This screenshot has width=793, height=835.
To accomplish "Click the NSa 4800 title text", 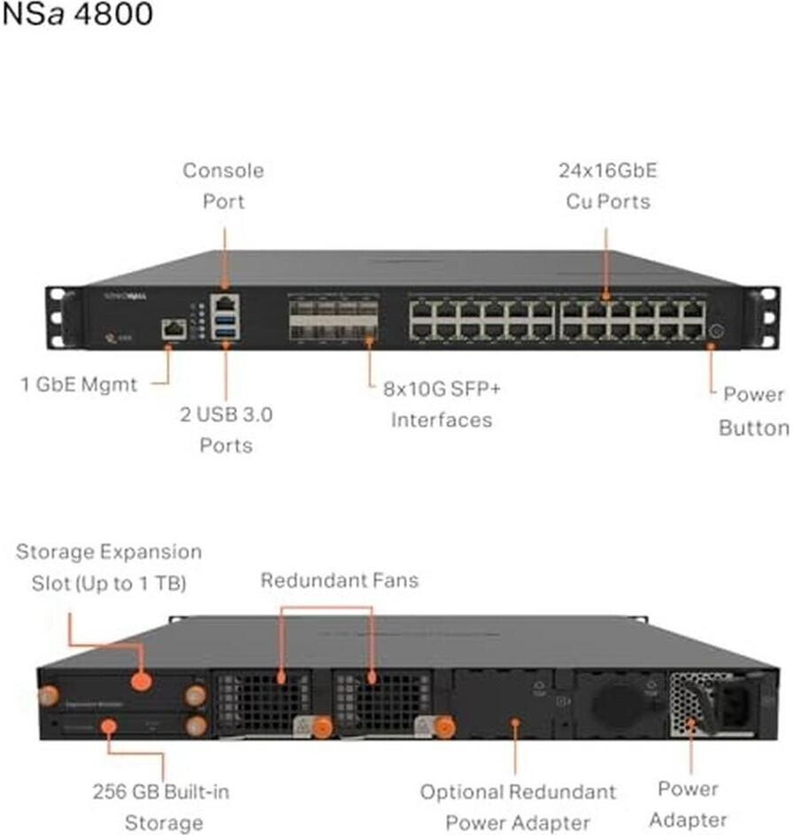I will [x=77, y=15].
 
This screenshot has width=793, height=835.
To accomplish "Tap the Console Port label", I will [x=223, y=185].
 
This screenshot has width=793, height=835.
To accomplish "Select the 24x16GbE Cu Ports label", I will [x=607, y=185].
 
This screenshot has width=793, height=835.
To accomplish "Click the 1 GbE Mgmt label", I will [x=80, y=384].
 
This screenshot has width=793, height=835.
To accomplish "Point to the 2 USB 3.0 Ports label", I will [x=226, y=429].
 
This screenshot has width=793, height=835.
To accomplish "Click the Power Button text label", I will [x=753, y=411].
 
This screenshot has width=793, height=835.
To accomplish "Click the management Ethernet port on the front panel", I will [x=173, y=330].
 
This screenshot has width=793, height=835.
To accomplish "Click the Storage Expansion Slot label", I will [x=109, y=568].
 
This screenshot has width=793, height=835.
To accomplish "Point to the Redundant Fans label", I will [x=339, y=581].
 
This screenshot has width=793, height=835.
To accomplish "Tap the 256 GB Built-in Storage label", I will [x=160, y=806].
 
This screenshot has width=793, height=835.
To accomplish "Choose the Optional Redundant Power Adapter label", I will [x=518, y=806].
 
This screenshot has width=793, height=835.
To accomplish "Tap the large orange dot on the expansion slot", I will [x=140, y=682].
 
